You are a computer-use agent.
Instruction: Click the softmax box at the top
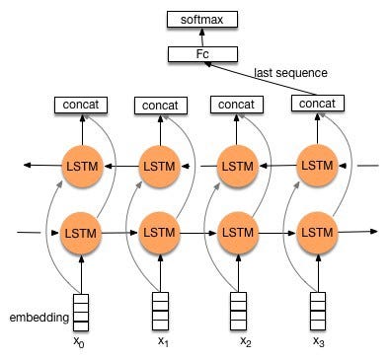point(201,19)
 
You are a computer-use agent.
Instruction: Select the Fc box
point(201,53)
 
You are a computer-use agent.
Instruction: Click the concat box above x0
point(81,104)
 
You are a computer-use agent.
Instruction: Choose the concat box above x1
point(159,105)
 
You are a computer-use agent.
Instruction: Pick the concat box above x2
point(238,104)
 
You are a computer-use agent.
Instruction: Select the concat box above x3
point(316,104)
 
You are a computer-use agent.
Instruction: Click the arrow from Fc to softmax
point(201,36)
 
